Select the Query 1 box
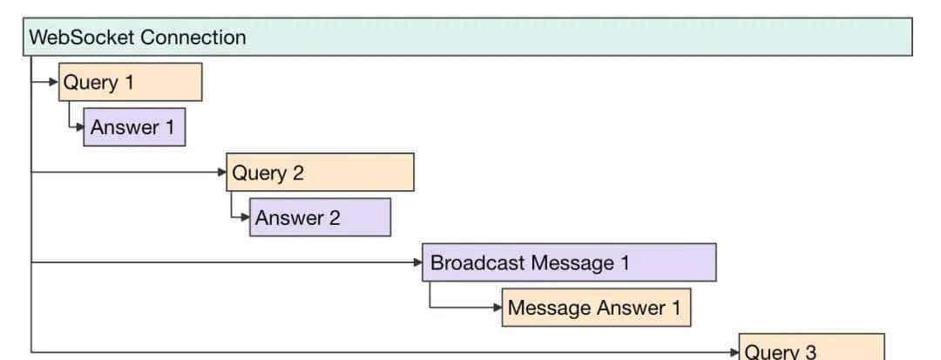pos(130,83)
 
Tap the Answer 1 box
pos(134,127)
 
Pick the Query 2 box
pos(320,173)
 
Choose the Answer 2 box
pos(320,218)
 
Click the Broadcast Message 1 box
pos(569,262)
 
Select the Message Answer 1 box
pos(596,308)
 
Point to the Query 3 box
pos(811,350)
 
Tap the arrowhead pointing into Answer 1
pos(79,127)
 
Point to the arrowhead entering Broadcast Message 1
pos(418,262)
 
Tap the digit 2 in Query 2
pos(298,173)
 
